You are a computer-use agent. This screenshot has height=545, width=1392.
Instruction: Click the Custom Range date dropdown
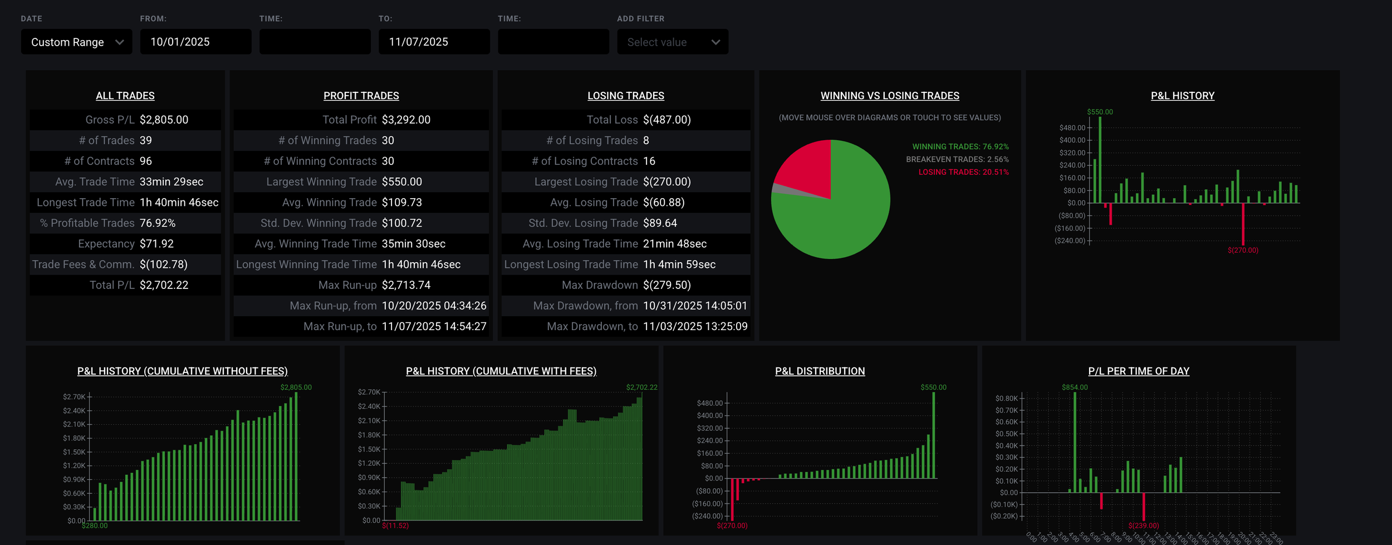[76, 42]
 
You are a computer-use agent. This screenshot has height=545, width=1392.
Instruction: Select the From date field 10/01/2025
[195, 42]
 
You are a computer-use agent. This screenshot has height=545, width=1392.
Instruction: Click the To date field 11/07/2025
[433, 42]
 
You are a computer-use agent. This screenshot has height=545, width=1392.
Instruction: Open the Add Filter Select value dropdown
[672, 42]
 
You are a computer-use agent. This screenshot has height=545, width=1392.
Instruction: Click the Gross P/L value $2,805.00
[164, 120]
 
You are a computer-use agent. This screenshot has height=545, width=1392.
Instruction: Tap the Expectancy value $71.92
[156, 244]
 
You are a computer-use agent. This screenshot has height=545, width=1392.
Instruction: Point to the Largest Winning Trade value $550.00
[401, 182]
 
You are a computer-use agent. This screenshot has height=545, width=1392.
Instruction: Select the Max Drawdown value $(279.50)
[666, 285]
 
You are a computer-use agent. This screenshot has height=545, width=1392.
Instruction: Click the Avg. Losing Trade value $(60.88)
[663, 203]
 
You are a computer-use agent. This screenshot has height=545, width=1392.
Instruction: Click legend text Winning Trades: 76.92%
[960, 147]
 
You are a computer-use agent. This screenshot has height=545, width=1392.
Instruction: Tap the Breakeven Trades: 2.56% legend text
[957, 160]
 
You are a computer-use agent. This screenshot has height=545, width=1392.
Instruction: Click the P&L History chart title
[1182, 96]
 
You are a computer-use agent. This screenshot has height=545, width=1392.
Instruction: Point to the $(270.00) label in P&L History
[1242, 251]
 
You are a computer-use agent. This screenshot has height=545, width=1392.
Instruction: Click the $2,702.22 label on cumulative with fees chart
[641, 387]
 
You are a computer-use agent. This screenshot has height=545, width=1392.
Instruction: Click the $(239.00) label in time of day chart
[1143, 526]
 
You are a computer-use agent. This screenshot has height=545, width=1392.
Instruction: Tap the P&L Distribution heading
[820, 371]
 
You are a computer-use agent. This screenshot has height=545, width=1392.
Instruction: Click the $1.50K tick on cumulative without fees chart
[75, 452]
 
